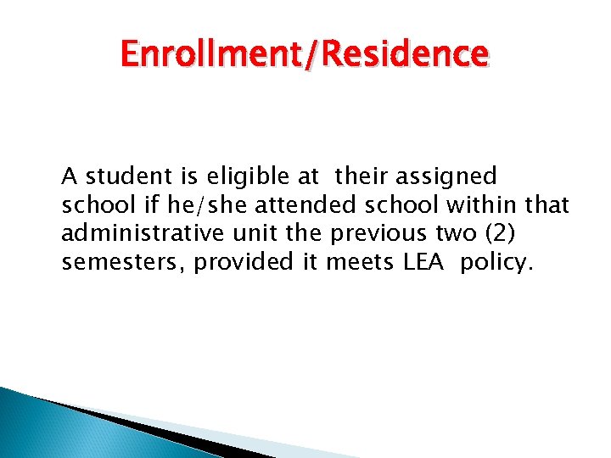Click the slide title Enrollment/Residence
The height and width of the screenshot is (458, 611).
click(x=305, y=55)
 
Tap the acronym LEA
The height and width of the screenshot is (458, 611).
click(x=422, y=263)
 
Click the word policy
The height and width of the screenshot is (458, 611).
click(x=496, y=263)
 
